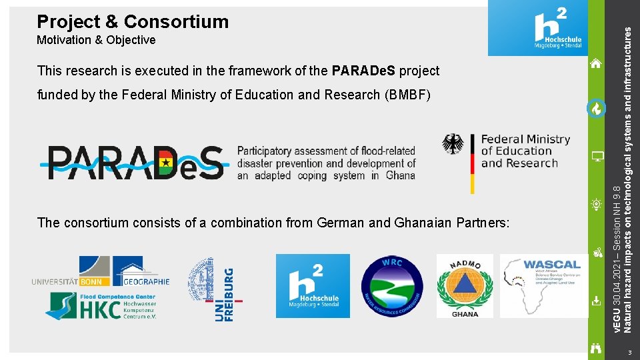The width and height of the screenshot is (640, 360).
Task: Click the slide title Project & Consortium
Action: pos(133,21)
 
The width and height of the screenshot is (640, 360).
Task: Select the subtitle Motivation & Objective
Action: pos(96,40)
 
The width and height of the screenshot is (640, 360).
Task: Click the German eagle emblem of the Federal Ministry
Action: pos(453,144)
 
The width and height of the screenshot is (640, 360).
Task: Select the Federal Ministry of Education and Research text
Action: pos(525,151)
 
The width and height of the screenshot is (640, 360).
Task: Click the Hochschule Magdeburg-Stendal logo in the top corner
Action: pos(538,28)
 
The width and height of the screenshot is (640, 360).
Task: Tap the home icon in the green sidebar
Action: pos(597,64)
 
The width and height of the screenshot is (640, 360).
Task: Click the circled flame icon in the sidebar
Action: pos(597,108)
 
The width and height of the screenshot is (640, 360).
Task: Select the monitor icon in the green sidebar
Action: pos(597,157)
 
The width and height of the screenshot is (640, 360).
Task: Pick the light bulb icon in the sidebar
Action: pos(597,205)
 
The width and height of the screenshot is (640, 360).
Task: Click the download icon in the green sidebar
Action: pos(597,301)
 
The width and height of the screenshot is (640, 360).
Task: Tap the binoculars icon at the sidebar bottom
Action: pos(597,347)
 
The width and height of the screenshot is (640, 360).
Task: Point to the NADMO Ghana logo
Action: pos(465,286)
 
